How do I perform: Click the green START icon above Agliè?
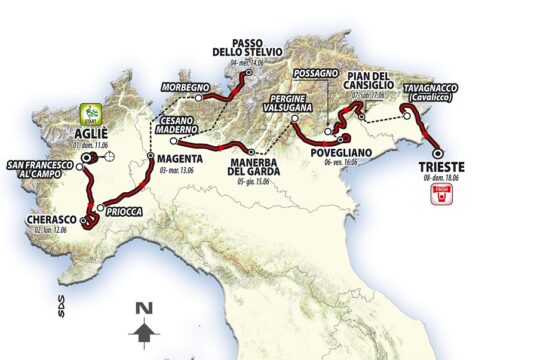[x=91, y=112]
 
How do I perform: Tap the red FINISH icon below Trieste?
[x=436, y=197]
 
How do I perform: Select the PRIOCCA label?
[x=126, y=211]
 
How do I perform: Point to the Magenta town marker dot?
[x=148, y=158]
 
